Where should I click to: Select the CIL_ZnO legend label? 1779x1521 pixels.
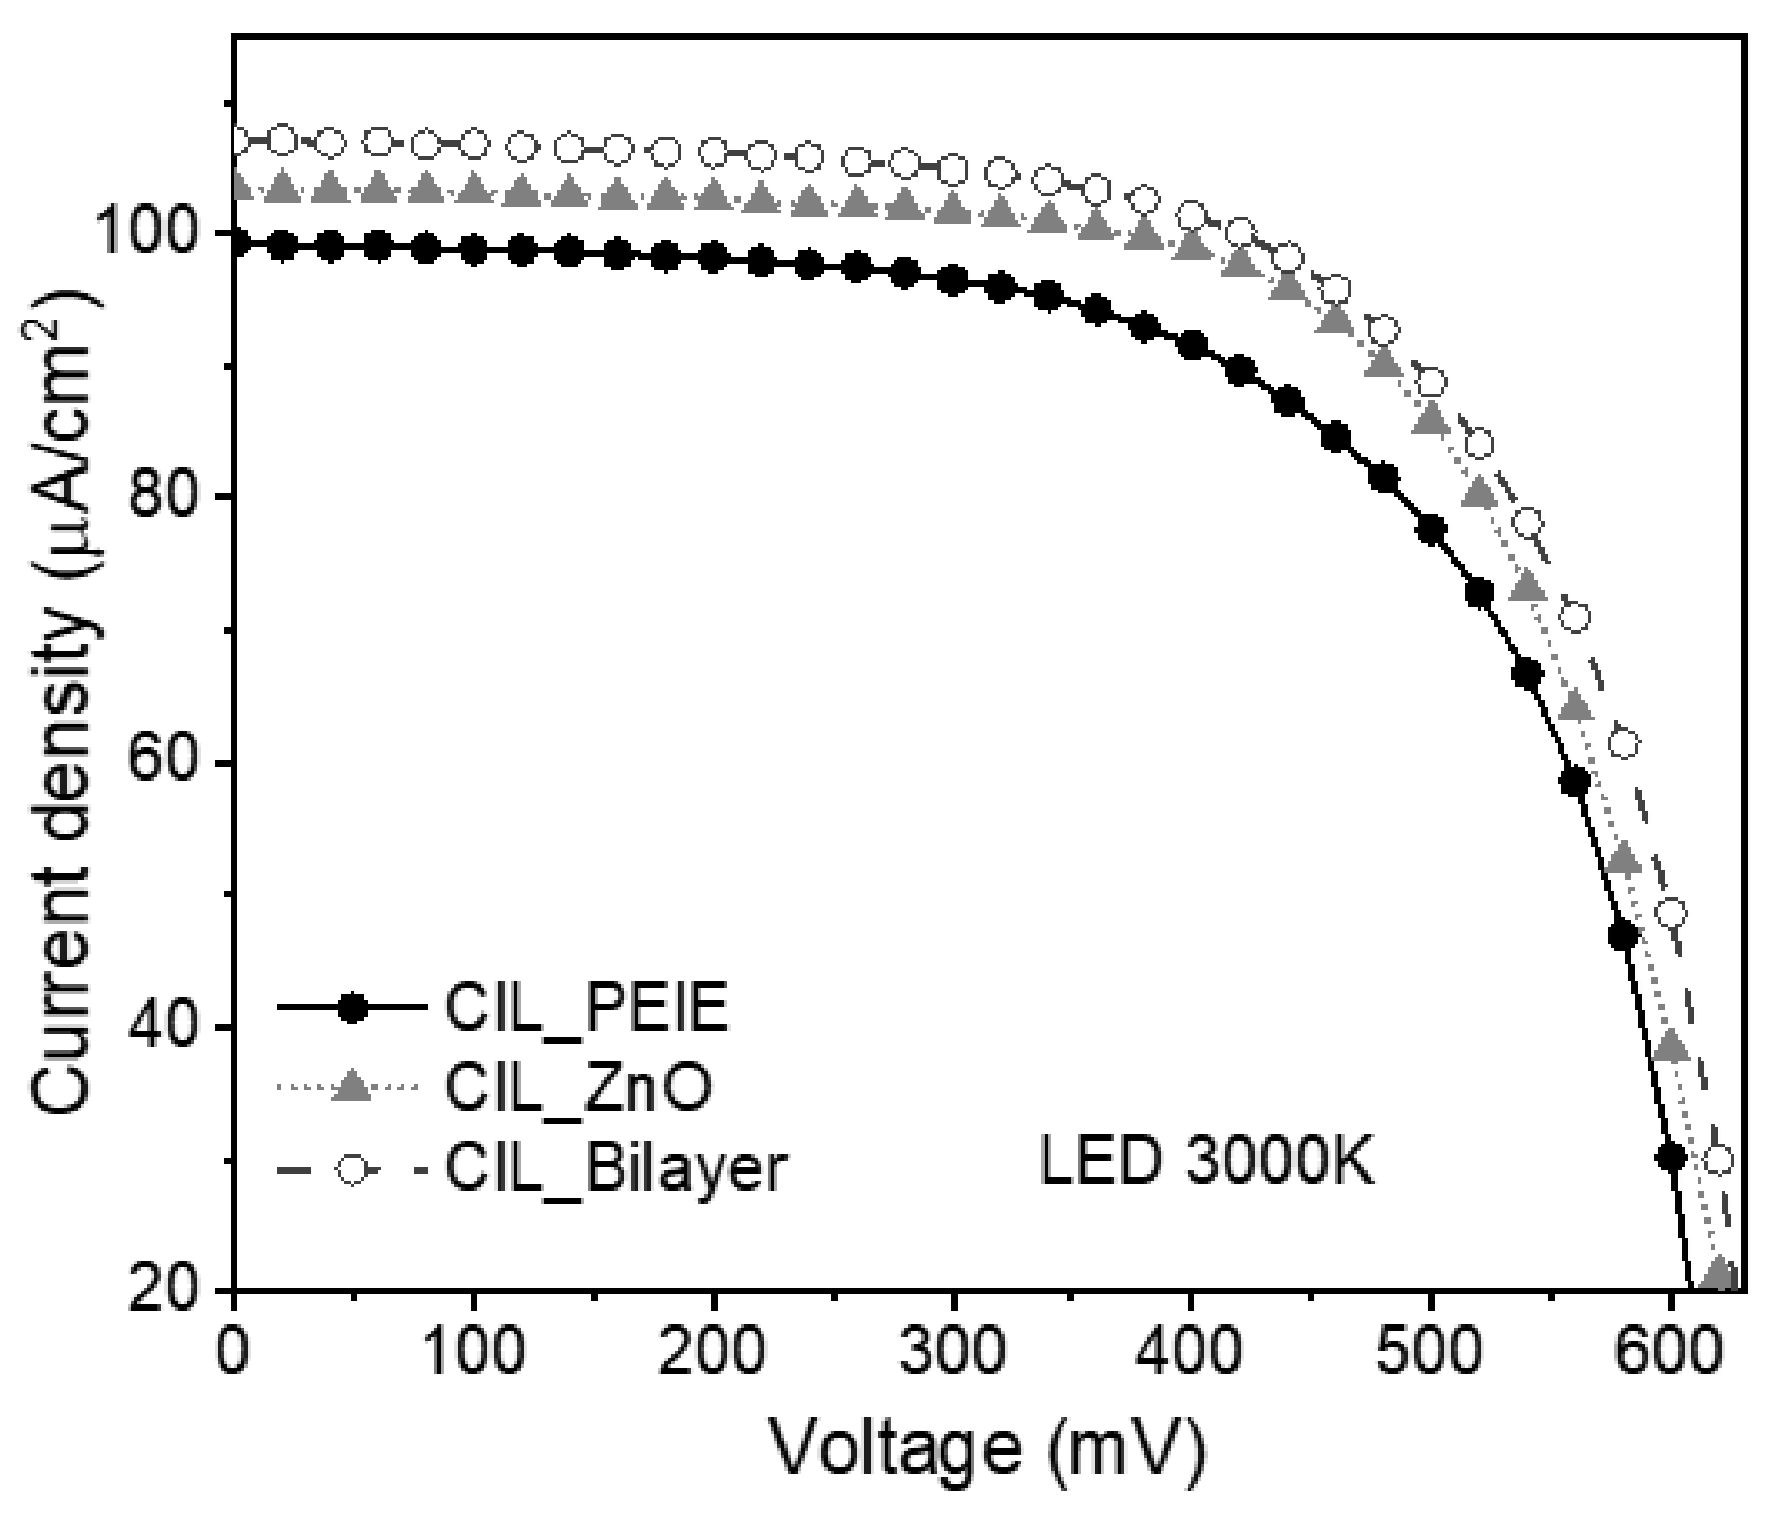(x=578, y=1088)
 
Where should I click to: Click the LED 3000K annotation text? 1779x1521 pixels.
(x=1206, y=1165)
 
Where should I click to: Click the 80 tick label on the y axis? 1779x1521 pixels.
(x=176, y=498)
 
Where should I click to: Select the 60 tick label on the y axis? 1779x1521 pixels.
(x=176, y=762)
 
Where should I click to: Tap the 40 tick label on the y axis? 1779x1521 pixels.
(x=176, y=1027)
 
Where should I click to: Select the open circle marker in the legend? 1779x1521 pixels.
(x=352, y=1170)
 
